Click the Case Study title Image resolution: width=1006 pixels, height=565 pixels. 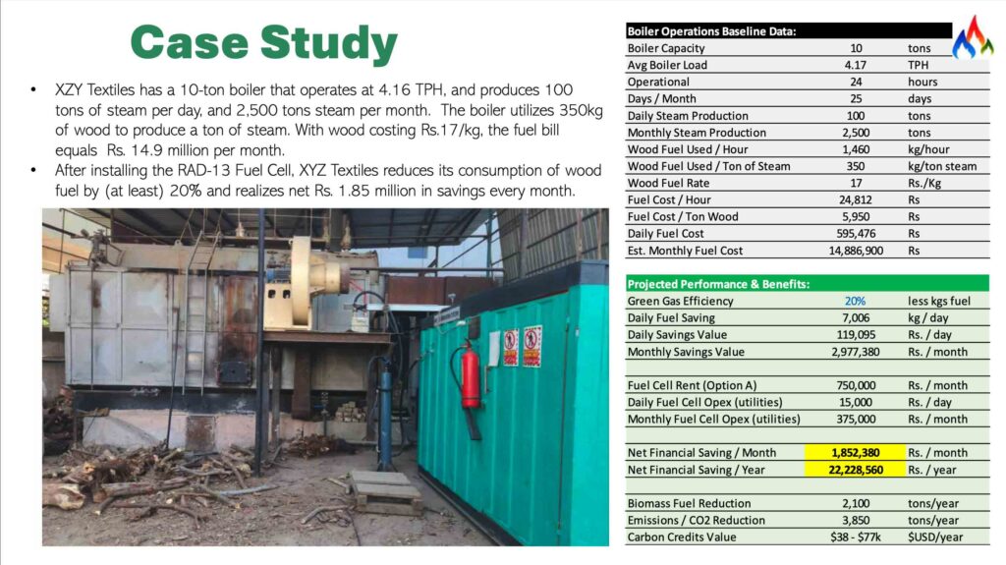point(263,43)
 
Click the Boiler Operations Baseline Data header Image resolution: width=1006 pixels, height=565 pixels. point(711,30)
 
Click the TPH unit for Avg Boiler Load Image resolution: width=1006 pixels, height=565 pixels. point(920,65)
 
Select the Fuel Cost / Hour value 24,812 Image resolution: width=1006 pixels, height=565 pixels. point(855,199)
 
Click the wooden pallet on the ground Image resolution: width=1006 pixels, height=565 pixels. point(386,490)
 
